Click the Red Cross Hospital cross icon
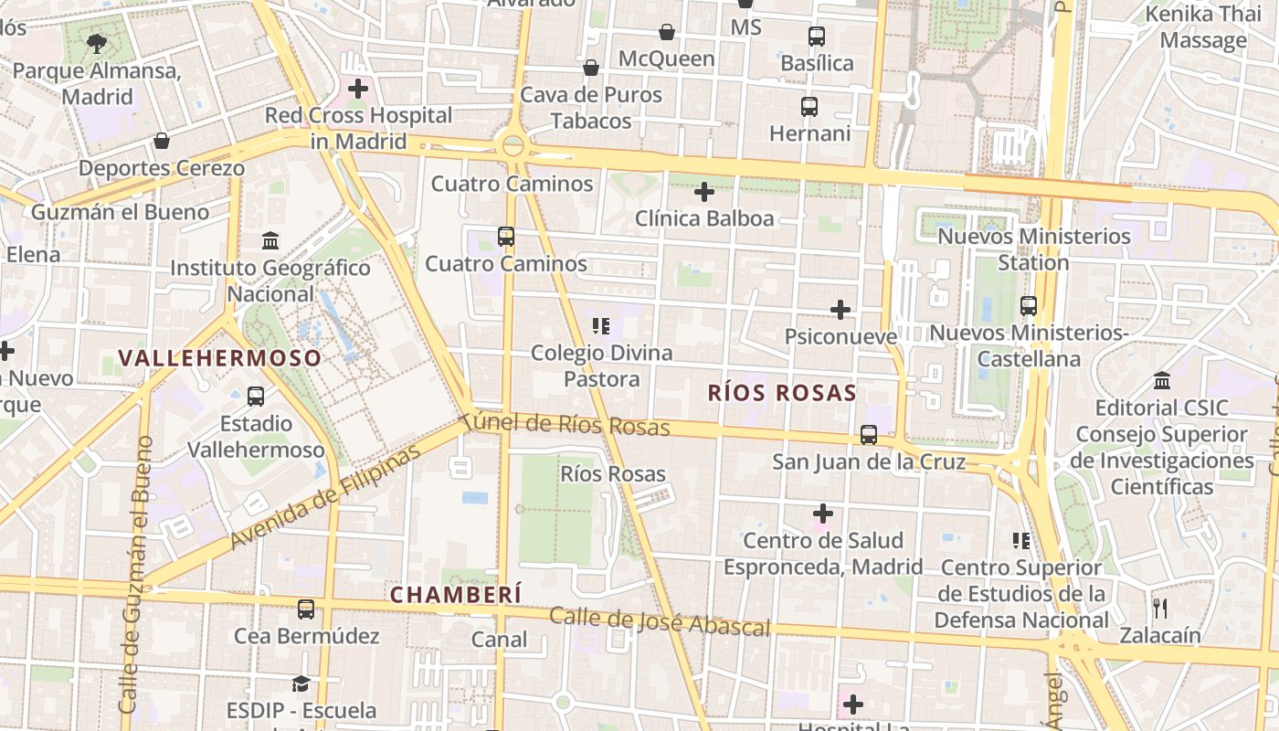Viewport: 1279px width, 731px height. (358, 89)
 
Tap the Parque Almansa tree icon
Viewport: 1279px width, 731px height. (96, 43)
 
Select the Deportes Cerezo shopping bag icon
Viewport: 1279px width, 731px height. (162, 141)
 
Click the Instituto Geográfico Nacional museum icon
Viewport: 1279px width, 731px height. (270, 241)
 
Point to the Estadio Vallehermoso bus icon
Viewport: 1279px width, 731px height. (256, 397)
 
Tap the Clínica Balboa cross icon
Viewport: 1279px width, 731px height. (703, 192)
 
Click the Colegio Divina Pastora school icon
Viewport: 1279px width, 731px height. (601, 325)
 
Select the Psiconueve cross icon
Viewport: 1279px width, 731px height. (840, 310)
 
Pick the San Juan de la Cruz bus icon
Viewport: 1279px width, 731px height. (869, 435)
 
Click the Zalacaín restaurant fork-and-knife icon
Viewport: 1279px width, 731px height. (1160, 608)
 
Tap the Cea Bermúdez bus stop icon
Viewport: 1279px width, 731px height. (306, 609)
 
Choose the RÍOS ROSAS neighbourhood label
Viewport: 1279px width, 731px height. (782, 394)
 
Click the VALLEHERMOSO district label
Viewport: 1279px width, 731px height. (220, 358)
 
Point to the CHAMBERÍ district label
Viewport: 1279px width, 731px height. (456, 595)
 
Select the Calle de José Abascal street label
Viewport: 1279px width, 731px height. (659, 621)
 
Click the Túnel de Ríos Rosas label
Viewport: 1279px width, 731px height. (566, 424)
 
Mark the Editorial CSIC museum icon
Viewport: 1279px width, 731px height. (1162, 380)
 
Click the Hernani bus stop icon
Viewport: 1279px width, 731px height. (809, 107)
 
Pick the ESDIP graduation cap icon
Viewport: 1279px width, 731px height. (301, 683)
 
